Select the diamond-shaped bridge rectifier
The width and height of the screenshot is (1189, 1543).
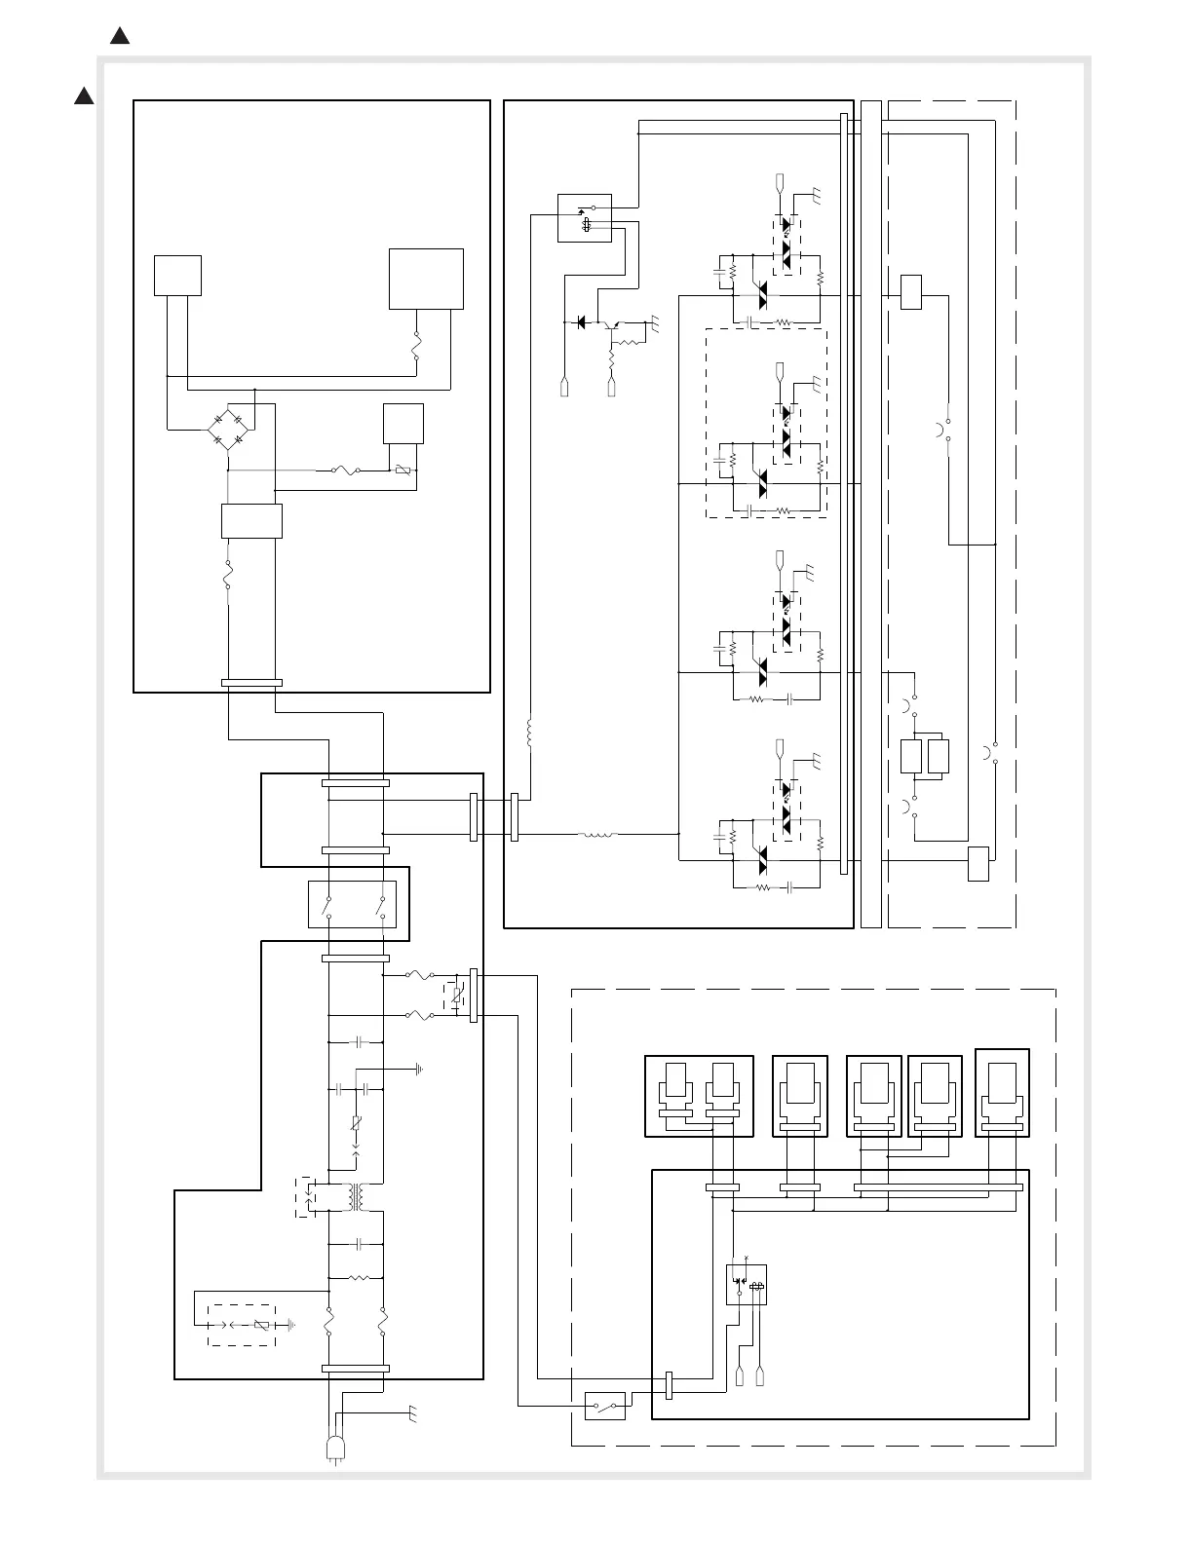(x=227, y=430)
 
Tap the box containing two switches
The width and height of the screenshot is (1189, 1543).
(x=353, y=904)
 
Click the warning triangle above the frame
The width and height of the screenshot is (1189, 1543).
(x=120, y=37)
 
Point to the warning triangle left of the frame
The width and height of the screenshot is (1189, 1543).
(x=83, y=95)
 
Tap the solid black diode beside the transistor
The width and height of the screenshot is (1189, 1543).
(x=582, y=321)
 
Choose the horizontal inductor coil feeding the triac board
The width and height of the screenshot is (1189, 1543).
(x=597, y=835)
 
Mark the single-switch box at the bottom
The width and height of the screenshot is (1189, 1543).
(x=605, y=1407)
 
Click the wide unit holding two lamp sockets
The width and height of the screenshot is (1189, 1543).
(x=699, y=1096)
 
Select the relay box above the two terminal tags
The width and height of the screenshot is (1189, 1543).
(x=747, y=1284)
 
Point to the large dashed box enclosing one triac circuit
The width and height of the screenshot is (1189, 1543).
(x=766, y=423)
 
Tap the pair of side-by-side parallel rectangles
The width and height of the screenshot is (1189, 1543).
(x=925, y=757)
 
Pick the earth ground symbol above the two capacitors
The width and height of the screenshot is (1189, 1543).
(x=419, y=1069)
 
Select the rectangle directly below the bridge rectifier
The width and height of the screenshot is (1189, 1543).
(x=251, y=521)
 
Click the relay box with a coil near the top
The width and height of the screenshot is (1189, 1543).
(x=585, y=217)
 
